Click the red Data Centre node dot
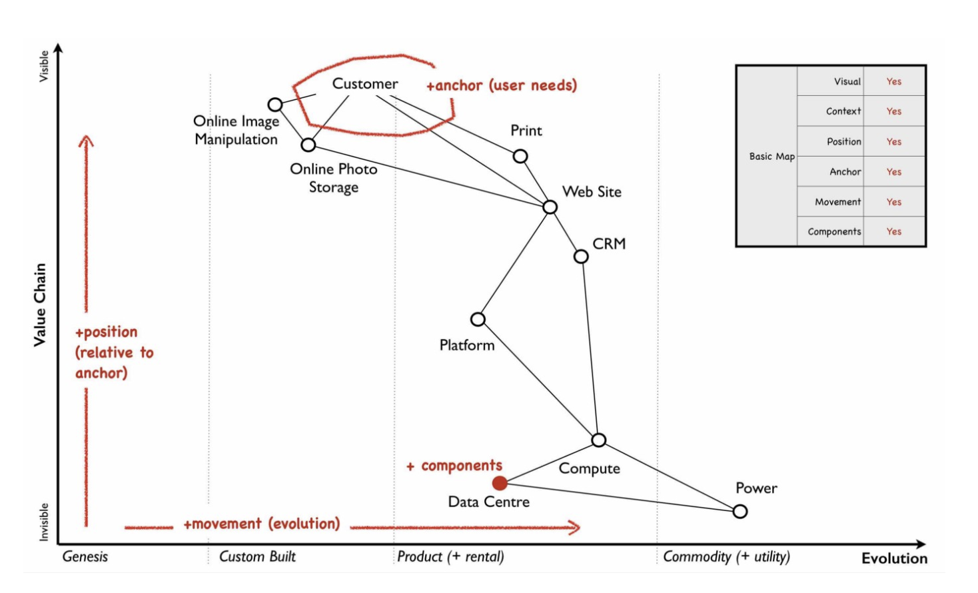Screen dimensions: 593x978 click(x=500, y=483)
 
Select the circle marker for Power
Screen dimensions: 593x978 click(x=740, y=512)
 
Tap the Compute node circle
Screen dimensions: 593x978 click(x=599, y=440)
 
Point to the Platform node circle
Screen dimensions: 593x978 click(x=478, y=320)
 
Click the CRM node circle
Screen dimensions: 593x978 click(x=581, y=257)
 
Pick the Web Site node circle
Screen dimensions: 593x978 click(x=550, y=207)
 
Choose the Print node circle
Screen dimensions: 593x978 click(x=520, y=157)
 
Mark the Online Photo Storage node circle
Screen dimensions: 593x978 click(x=308, y=145)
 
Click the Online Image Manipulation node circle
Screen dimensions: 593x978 click(x=275, y=105)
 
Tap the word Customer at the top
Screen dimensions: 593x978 click(x=365, y=84)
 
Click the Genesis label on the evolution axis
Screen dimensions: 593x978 click(x=85, y=556)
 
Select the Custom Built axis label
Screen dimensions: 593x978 click(x=257, y=556)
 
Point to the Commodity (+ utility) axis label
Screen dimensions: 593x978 click(x=726, y=556)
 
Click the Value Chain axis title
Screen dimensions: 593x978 click(x=41, y=304)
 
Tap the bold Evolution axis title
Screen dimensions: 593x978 click(x=894, y=558)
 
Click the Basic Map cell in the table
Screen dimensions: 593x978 click(x=771, y=157)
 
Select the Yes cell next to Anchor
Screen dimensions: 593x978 click(x=893, y=172)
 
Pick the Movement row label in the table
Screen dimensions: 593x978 click(x=837, y=202)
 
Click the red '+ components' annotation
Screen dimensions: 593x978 click(x=454, y=466)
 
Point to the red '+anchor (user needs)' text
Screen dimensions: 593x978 click(x=502, y=86)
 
